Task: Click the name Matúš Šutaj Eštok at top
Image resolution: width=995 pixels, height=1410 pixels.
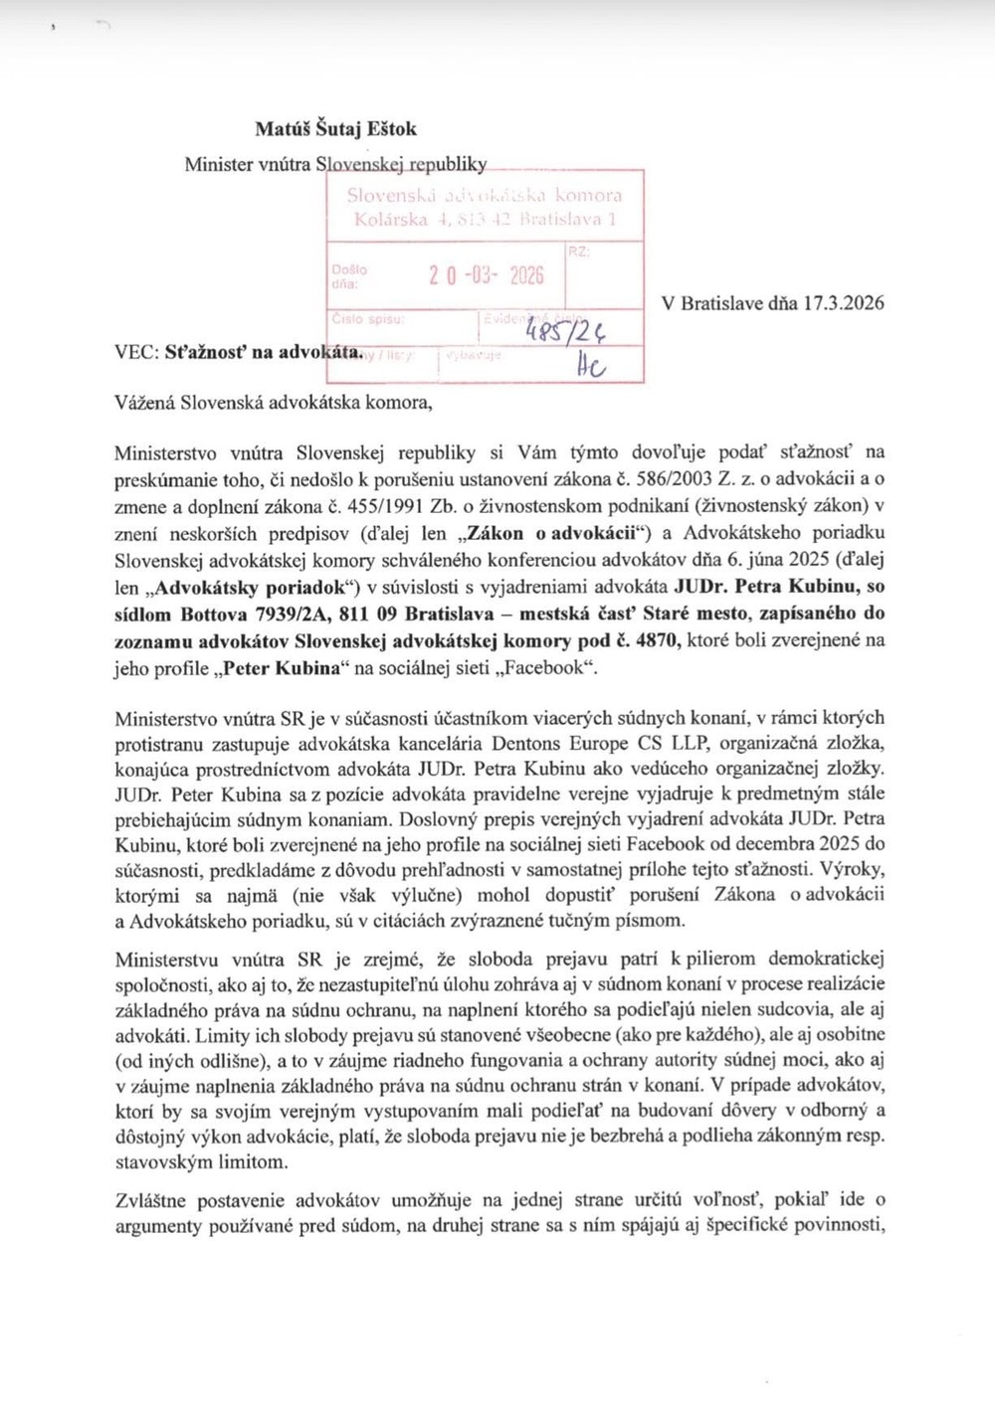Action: [x=335, y=129]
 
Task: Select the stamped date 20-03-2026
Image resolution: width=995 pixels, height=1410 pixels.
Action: [x=487, y=275]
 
